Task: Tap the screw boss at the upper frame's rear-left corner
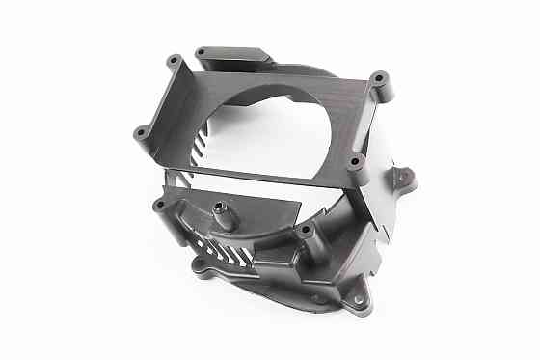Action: click(174, 63)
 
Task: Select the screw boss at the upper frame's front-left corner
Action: click(141, 132)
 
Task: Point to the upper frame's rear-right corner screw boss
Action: click(379, 77)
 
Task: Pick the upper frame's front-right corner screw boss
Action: click(354, 160)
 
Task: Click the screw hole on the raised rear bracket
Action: click(201, 52)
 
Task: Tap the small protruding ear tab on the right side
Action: click(403, 177)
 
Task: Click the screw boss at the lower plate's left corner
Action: click(160, 206)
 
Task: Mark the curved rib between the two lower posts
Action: click(265, 232)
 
